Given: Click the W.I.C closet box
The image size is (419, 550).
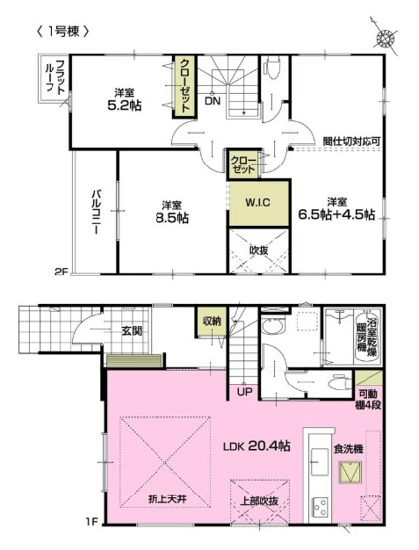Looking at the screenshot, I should (x=245, y=202).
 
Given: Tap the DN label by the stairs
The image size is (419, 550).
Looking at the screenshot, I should (x=213, y=100).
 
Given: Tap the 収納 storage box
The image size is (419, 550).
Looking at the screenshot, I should (x=212, y=321).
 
